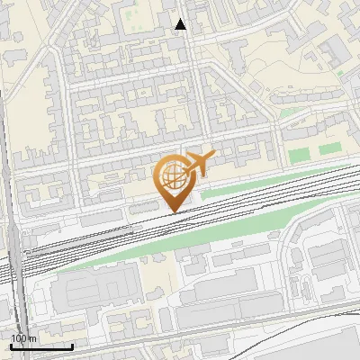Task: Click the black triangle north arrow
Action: click(181, 24)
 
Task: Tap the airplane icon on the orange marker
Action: click(198, 165)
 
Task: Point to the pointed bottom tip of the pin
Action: click(174, 212)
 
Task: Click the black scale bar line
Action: click(41, 346)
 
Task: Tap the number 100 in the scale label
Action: click(19, 338)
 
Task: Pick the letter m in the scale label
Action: click(32, 338)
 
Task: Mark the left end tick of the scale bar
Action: click(11, 345)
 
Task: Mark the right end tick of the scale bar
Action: click(72, 345)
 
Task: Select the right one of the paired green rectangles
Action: click(330, 147)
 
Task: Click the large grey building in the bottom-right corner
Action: click(333, 346)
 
